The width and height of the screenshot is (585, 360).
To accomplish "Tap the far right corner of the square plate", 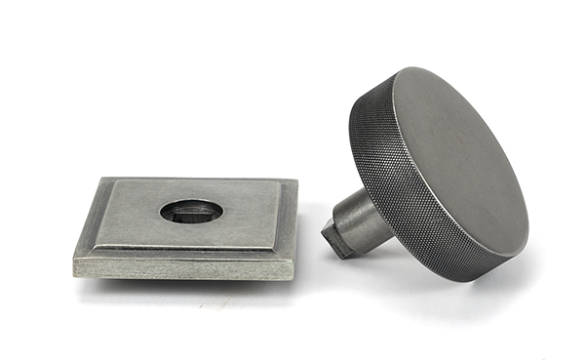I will tap(295, 181).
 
